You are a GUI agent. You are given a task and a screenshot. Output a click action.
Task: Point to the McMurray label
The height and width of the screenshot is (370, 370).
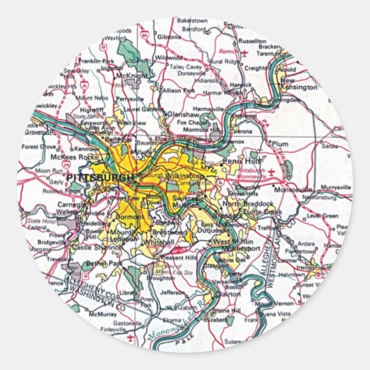tap(103, 315)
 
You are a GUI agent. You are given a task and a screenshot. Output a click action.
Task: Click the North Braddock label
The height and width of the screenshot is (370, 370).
tap(241, 203)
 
